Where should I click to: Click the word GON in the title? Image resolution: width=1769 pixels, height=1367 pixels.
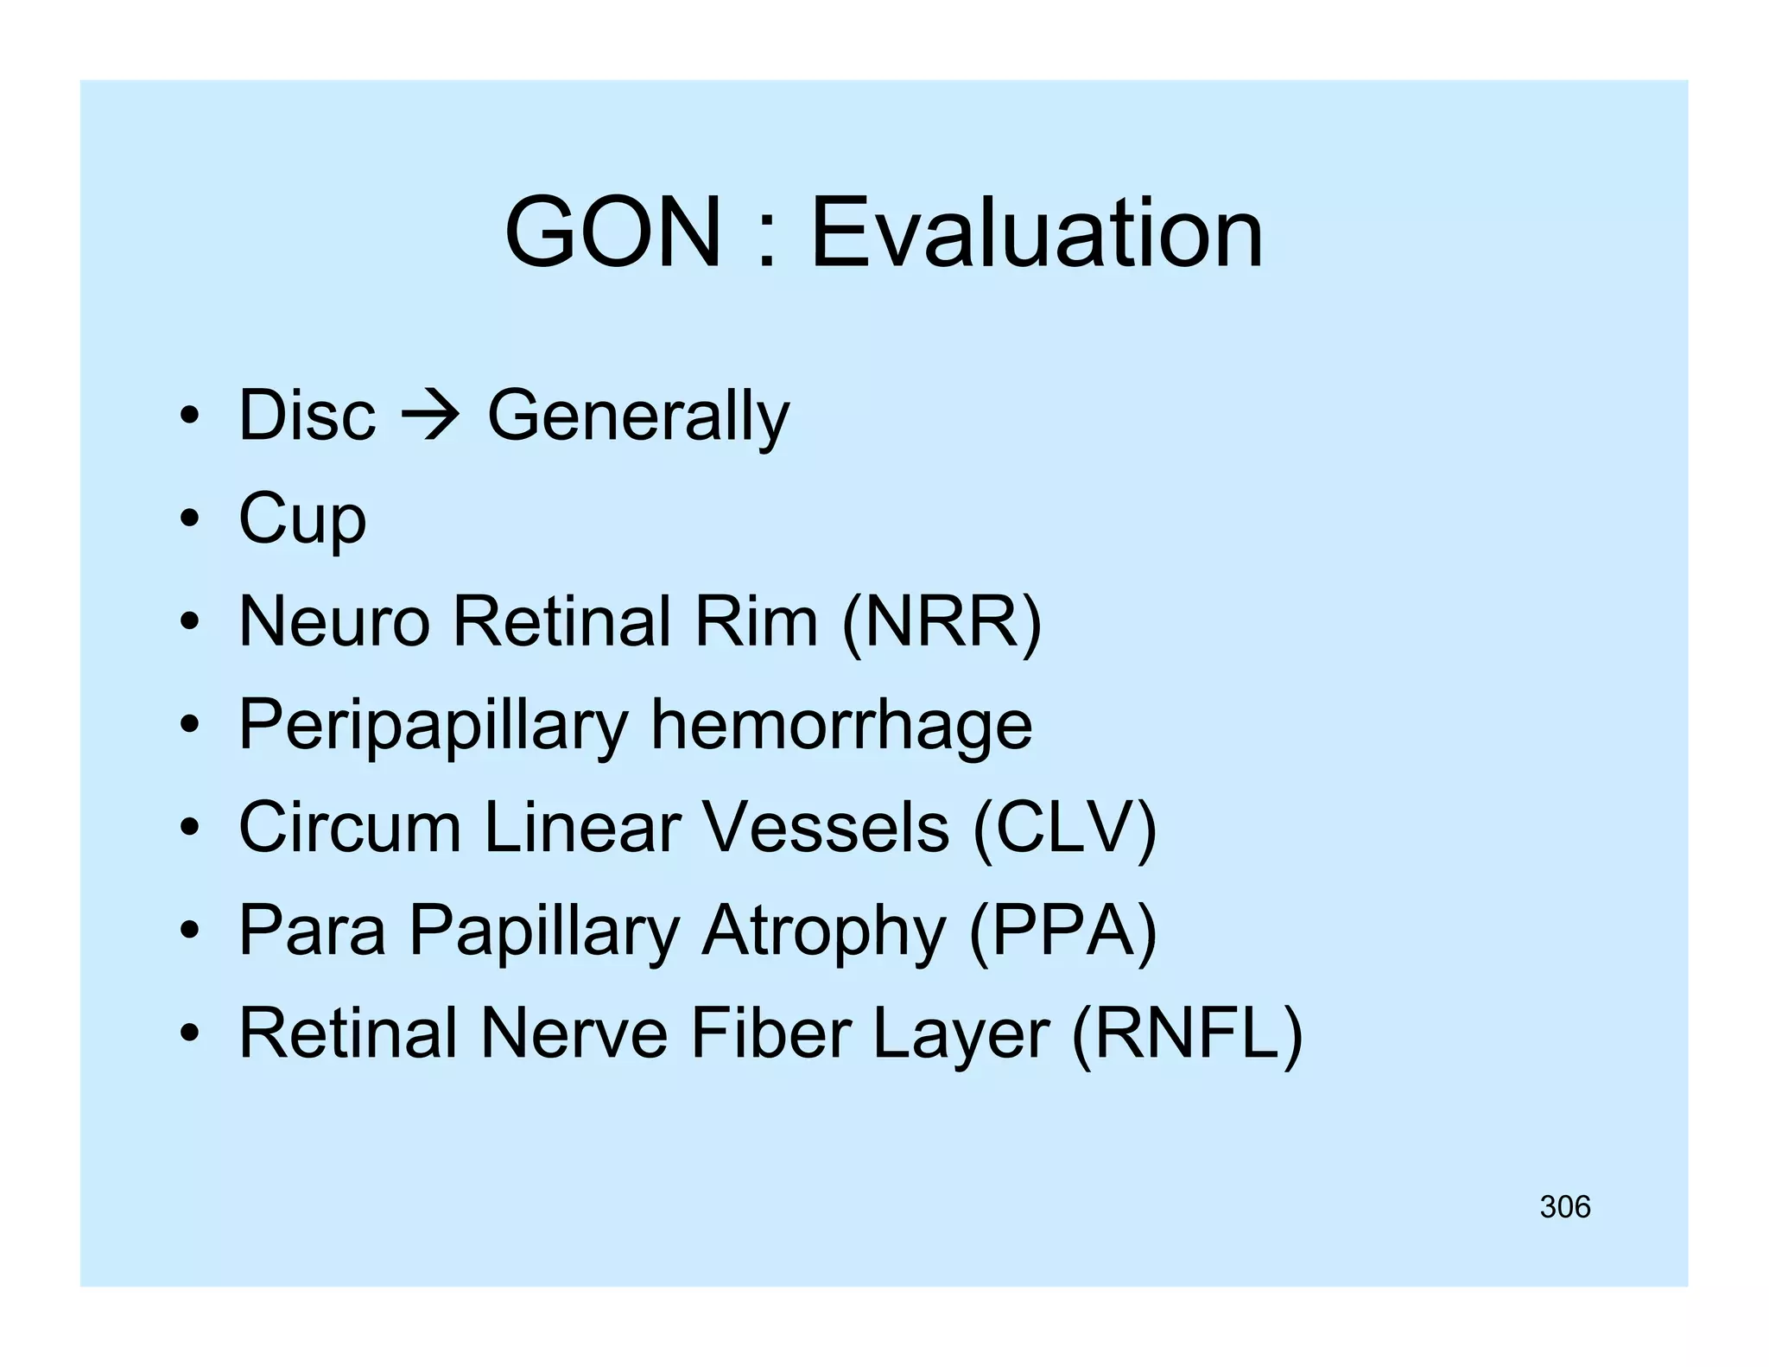(x=612, y=233)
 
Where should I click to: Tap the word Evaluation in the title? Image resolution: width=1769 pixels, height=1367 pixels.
(x=1037, y=233)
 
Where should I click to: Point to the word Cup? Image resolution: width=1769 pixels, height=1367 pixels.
(x=302, y=519)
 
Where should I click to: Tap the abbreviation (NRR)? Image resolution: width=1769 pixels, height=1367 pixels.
(x=942, y=621)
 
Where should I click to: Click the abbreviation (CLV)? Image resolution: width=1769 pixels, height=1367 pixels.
(x=1064, y=827)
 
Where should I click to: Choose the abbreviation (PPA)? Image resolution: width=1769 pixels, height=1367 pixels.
(x=1062, y=930)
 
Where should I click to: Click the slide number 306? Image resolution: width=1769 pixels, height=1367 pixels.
(x=1564, y=1207)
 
